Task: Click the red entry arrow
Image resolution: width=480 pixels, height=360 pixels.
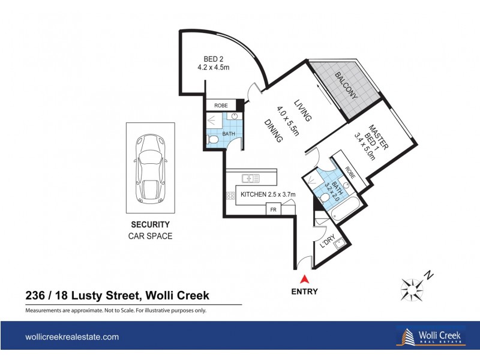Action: tap(304, 278)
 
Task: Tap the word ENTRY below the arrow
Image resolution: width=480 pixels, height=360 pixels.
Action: tap(304, 292)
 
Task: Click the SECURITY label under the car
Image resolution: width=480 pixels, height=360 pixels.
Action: tap(151, 225)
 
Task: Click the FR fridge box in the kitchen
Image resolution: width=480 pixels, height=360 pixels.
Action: tap(274, 209)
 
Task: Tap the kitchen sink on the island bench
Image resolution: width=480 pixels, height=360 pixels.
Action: tap(251, 178)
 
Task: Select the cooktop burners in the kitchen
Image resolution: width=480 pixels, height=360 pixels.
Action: tap(230, 196)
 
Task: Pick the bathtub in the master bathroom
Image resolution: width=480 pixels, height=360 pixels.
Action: tap(339, 211)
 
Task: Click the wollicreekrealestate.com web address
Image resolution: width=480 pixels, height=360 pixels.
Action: tap(71, 337)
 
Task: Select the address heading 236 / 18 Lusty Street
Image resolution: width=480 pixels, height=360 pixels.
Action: tap(117, 295)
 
